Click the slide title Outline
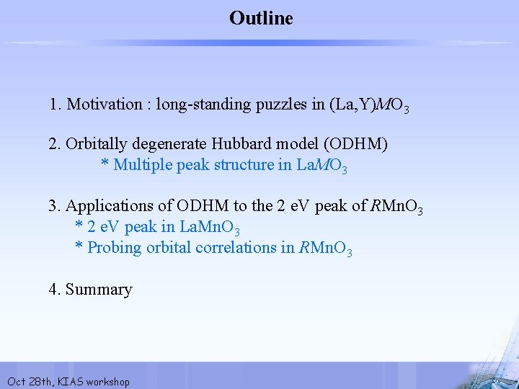(261, 18)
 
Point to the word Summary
(99, 290)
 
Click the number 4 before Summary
(53, 290)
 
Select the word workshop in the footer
(107, 382)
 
